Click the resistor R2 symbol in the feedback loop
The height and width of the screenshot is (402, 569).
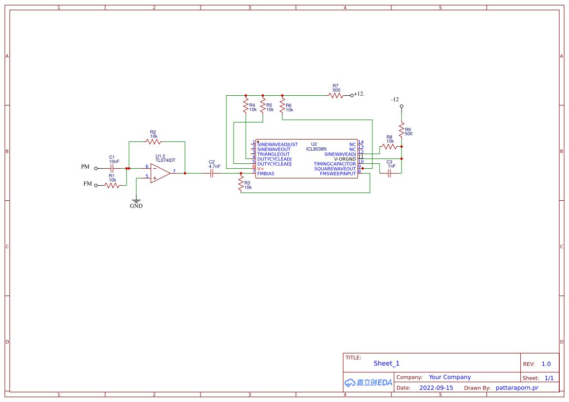coord(153,142)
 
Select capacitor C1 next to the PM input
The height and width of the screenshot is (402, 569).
coord(112,168)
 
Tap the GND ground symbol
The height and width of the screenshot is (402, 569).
coord(136,201)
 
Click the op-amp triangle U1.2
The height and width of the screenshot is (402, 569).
coord(160,173)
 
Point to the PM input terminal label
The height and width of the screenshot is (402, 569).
coord(85,167)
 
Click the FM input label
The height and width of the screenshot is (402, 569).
coord(88,184)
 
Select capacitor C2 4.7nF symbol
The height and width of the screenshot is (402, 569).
coord(212,173)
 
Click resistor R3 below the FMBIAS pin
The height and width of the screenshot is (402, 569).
coord(240,183)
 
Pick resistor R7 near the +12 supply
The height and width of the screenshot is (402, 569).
coord(336,95)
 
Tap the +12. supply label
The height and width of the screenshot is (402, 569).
coord(359,94)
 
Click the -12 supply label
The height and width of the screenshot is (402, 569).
coord(395,100)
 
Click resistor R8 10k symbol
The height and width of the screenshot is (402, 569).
coord(389,146)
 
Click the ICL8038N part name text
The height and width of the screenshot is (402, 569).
coord(316,149)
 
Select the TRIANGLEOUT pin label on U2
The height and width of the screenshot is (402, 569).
coord(274,154)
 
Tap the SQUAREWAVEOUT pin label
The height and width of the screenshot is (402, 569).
coord(335,169)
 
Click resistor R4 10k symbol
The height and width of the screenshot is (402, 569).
coord(246,105)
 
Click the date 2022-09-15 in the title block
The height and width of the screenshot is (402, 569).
coord(436,388)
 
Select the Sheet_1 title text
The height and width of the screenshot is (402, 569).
coord(386,363)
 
